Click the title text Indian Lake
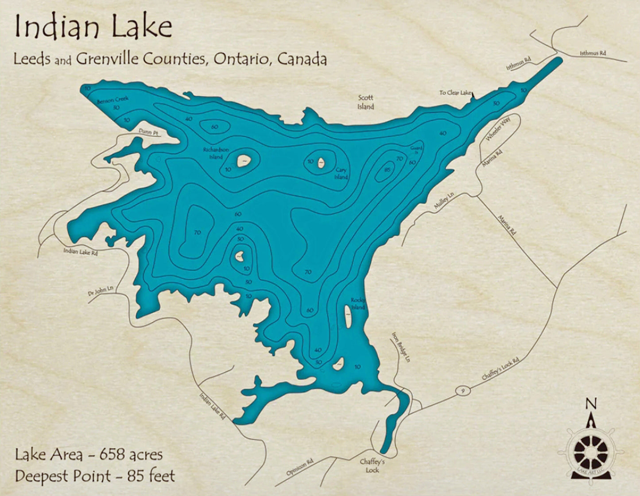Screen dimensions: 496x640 [x=93, y=27]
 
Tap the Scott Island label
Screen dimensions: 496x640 [x=365, y=102]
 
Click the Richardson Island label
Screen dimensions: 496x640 [x=216, y=153]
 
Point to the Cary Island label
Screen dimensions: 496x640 [x=341, y=174]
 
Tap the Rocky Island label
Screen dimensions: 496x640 [x=358, y=304]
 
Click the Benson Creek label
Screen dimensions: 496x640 [x=112, y=100]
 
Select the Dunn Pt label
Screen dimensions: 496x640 [x=148, y=132]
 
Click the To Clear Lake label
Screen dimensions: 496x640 [x=455, y=93]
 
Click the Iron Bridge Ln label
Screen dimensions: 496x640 [x=400, y=348]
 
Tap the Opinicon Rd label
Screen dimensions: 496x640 [x=299, y=467]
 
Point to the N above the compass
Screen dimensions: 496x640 [x=591, y=403]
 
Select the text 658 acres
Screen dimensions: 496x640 [x=131, y=454]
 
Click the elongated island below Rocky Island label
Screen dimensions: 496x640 [x=349, y=317]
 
